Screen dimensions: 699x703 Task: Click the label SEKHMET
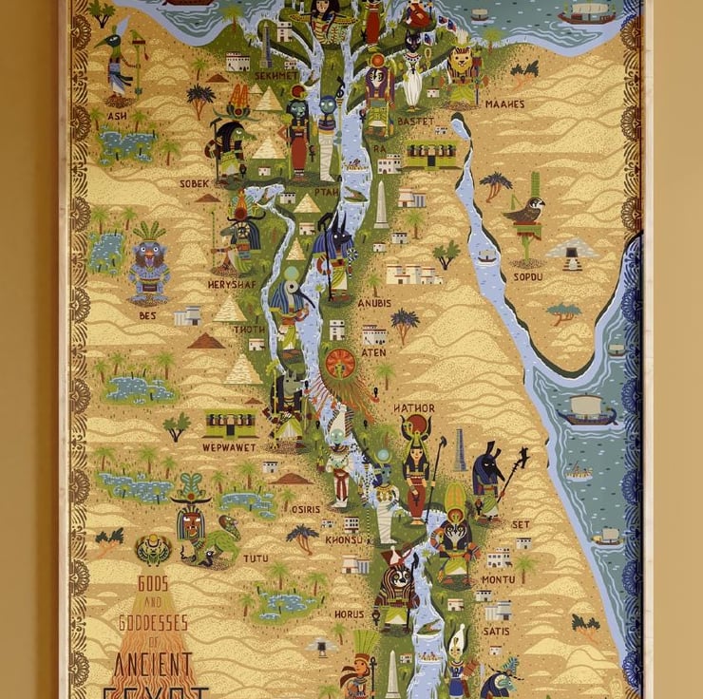pos(276,74)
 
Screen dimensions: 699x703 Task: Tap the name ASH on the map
pos(117,116)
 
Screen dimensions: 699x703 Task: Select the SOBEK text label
pos(194,183)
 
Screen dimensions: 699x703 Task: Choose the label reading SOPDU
pos(527,276)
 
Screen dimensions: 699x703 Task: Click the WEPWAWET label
pos(228,446)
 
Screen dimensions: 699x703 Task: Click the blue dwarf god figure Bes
pos(149,266)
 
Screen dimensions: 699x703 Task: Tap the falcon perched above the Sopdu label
pos(525,212)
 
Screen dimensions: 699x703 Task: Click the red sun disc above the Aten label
pos(340,363)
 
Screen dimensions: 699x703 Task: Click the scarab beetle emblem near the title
pos(153,549)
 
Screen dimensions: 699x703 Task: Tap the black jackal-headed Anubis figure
pos(333,252)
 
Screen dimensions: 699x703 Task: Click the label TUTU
pos(256,558)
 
